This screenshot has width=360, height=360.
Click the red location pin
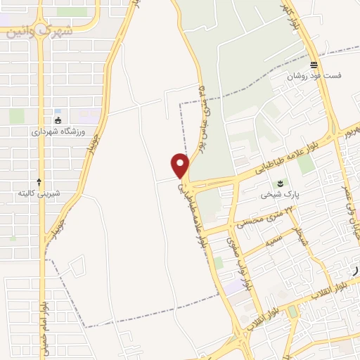point(181,166)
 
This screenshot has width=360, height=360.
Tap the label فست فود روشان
point(313,76)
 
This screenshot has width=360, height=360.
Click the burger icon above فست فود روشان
point(313,65)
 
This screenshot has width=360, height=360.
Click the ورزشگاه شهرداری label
point(58,131)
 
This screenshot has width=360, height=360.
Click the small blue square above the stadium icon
point(58,112)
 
